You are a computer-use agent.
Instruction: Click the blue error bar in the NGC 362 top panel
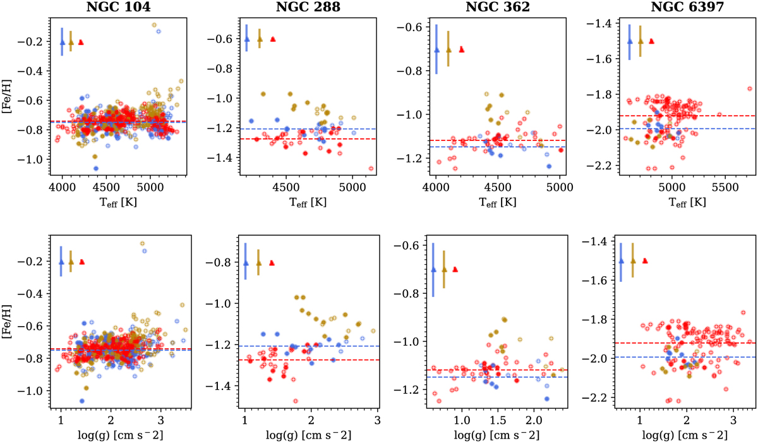(436, 49)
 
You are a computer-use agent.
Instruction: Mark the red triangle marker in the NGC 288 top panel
(273, 39)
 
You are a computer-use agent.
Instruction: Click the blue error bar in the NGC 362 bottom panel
(433, 269)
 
